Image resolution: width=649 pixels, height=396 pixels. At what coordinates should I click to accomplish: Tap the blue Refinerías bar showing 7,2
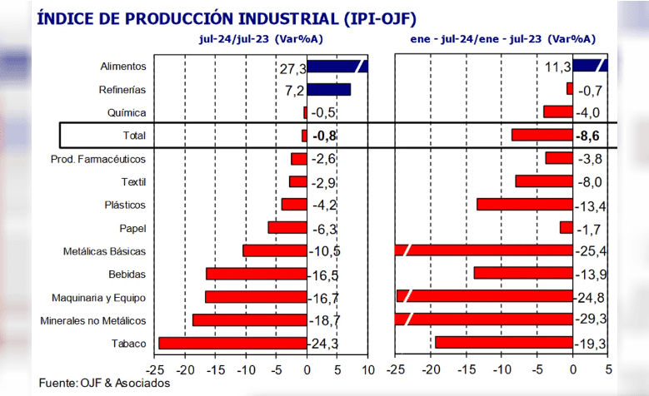tap(328, 89)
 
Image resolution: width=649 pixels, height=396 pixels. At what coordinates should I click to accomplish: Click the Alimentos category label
tap(123, 67)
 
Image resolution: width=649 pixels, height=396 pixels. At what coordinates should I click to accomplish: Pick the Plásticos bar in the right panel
tap(524, 205)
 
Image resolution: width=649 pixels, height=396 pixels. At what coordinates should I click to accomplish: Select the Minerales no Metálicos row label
tap(93, 320)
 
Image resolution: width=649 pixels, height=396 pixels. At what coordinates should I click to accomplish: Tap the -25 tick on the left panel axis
tap(154, 369)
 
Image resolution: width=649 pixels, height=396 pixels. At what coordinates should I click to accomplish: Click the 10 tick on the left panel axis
tap(367, 369)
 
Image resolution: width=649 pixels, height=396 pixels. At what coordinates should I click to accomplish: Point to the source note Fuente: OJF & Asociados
tap(104, 383)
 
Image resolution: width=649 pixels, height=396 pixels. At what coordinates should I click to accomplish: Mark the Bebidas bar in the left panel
tap(256, 274)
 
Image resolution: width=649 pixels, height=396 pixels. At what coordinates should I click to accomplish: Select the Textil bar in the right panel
tap(543, 181)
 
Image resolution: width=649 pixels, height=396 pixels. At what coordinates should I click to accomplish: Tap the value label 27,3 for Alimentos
tap(293, 67)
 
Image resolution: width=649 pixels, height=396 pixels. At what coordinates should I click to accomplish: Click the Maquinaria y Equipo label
tap(98, 297)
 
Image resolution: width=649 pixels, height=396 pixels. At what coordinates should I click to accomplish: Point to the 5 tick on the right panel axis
tap(608, 369)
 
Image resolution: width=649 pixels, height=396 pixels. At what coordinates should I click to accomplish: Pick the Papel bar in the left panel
tap(287, 227)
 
